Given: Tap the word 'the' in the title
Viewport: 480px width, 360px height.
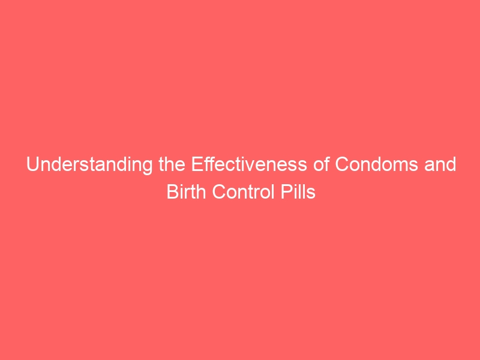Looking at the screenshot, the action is (172, 164).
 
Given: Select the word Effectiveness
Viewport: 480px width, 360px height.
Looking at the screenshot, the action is (249, 164).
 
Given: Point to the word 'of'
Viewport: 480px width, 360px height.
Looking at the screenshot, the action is (321, 164).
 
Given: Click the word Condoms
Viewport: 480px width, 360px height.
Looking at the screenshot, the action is (377, 164).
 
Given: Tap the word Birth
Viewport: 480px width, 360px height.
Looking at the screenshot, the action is (186, 192).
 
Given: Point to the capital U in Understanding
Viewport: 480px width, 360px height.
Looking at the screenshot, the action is (33, 164).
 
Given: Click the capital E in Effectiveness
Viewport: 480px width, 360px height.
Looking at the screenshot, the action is (197, 164).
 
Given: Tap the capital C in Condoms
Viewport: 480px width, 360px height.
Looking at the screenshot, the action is (342, 164).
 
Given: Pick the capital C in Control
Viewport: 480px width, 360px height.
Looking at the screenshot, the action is (219, 192).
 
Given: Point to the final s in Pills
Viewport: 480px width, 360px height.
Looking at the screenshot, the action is (311, 194).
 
